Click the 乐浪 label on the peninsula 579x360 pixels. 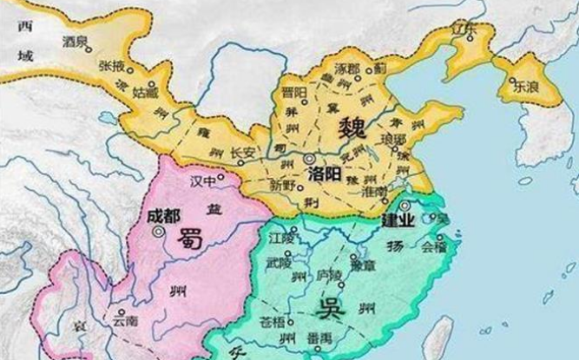coord(525,87)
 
